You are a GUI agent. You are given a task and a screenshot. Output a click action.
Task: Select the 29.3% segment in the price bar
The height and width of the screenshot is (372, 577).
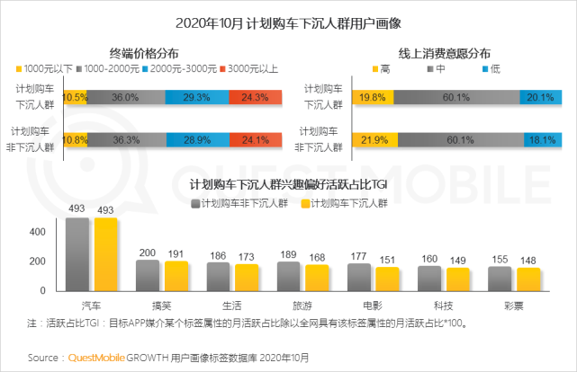coord(198,97)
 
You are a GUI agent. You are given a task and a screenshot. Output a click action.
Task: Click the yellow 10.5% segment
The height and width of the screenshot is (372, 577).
coord(76,97)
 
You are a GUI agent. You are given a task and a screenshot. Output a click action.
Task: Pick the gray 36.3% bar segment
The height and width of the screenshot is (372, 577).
coord(127,140)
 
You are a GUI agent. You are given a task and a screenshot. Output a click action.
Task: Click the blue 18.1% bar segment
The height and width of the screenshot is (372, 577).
coord(541,140)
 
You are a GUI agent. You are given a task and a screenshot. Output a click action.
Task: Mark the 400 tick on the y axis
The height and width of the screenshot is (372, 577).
coord(37,231)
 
